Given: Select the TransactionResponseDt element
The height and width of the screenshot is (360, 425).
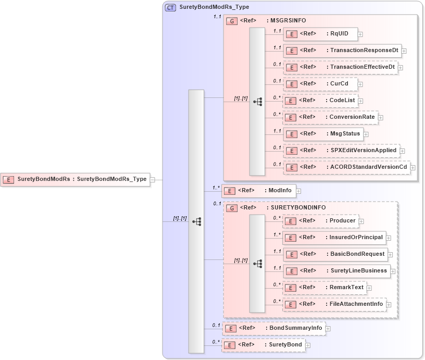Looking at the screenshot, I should (x=342, y=51).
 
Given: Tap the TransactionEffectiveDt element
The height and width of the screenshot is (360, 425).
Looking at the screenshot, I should (x=340, y=67).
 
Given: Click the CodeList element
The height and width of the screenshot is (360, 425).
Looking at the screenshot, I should (x=320, y=101).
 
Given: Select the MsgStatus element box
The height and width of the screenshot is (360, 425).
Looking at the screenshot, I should (x=323, y=134).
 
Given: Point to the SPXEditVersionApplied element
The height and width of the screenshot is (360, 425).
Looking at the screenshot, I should (x=341, y=151).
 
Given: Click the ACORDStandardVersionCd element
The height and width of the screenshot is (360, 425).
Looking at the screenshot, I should (x=346, y=167).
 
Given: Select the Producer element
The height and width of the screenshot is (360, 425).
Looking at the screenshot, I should (x=320, y=221).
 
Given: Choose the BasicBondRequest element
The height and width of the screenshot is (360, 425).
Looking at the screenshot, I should (x=335, y=254).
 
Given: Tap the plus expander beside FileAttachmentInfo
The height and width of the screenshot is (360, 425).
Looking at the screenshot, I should (x=389, y=304).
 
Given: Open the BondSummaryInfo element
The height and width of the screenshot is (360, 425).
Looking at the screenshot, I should (x=274, y=328).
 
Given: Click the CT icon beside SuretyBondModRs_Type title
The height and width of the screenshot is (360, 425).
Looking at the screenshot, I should (x=170, y=8).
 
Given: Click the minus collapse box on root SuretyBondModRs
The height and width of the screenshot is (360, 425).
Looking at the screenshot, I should (x=153, y=180).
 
